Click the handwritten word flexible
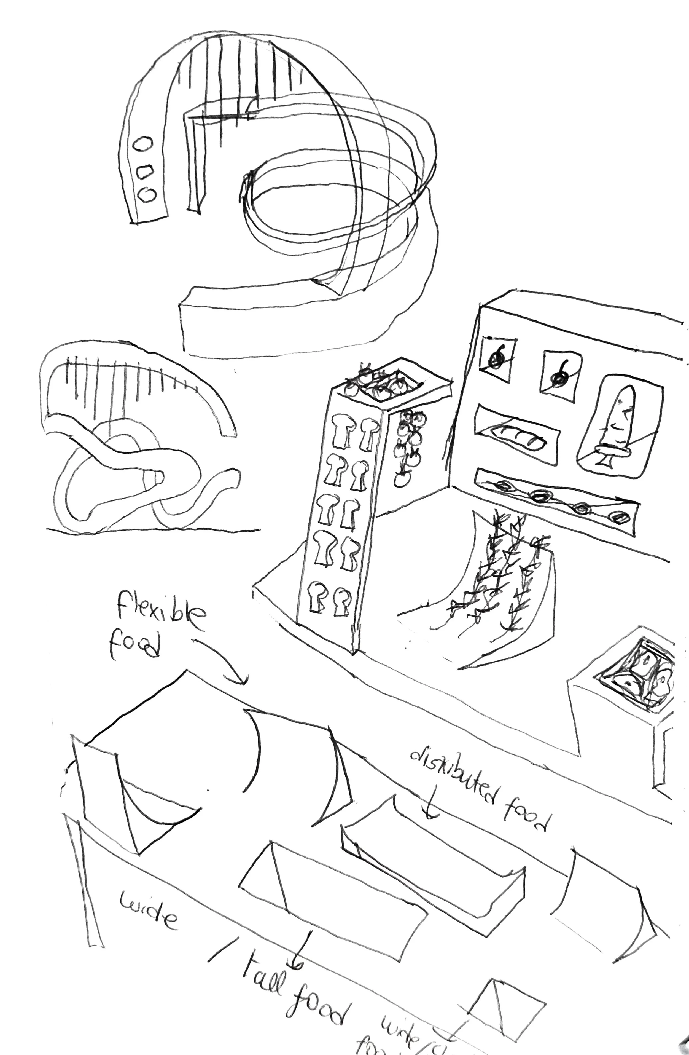[162, 610]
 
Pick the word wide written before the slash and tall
[149, 913]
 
